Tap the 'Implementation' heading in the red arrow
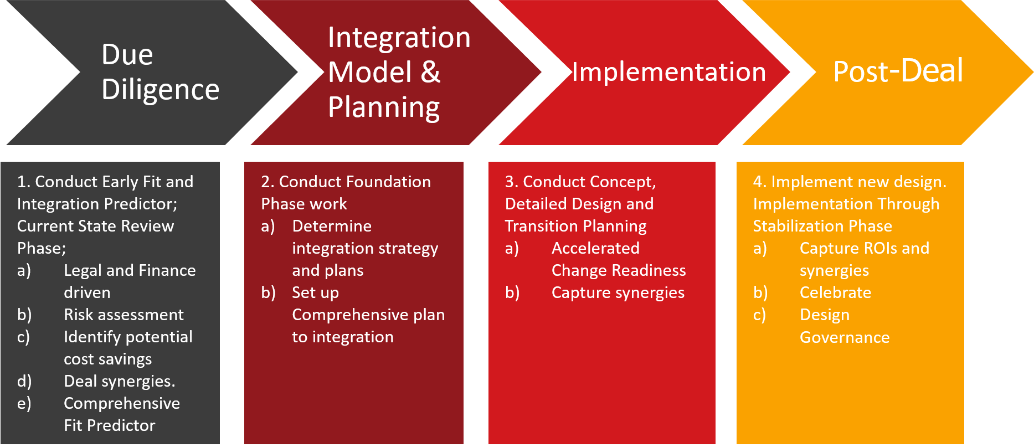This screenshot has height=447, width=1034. (668, 72)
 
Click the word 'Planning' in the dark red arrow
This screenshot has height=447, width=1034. (384, 107)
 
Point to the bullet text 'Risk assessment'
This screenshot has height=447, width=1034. (124, 315)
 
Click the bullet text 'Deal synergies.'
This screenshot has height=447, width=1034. (119, 381)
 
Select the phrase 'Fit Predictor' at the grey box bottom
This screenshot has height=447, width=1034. (109, 425)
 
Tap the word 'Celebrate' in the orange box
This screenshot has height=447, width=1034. (835, 292)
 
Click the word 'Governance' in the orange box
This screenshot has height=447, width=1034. (845, 337)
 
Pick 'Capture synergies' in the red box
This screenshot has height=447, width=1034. (618, 292)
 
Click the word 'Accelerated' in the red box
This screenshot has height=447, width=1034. (595, 248)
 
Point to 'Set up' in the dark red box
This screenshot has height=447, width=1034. (315, 292)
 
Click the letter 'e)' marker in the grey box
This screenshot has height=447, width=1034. (24, 403)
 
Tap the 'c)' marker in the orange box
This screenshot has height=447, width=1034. (759, 315)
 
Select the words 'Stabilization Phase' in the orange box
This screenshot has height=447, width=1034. (822, 226)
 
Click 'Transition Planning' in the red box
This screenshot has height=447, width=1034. (575, 226)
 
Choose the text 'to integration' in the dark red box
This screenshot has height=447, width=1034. (343, 337)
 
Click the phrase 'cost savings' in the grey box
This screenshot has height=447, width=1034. (107, 359)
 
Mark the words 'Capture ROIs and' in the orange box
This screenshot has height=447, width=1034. (864, 248)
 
